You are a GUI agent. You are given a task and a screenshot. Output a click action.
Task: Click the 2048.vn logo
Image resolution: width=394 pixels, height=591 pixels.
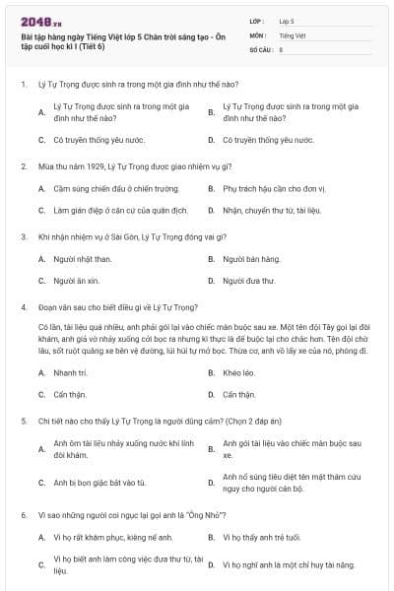click(38, 20)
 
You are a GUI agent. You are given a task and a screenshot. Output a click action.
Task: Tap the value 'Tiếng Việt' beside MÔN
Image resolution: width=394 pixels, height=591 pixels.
click(293, 34)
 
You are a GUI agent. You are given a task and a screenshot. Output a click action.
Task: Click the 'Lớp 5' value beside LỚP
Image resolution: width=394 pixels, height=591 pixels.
click(287, 21)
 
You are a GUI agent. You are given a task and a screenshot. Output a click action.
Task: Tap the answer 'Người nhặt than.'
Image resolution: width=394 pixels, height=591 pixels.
click(83, 259)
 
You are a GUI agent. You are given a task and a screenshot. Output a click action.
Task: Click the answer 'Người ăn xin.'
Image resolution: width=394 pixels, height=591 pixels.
click(76, 281)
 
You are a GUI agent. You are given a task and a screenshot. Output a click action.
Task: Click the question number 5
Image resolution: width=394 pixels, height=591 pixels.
click(23, 421)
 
